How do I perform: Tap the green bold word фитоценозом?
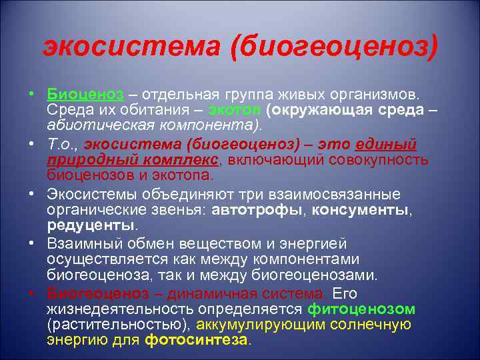tap(361, 309)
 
